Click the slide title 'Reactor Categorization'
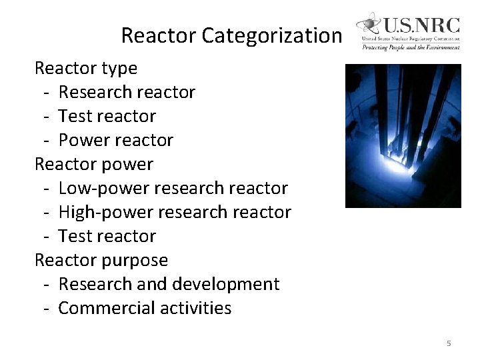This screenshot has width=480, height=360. (231, 35)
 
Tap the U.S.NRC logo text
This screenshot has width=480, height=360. (420, 26)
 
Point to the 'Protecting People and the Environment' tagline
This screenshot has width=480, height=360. (411, 48)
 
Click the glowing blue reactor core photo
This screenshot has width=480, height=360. (403, 135)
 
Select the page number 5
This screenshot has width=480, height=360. (449, 343)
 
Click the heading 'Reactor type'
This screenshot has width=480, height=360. (85, 68)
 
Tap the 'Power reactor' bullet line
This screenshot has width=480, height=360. (115, 140)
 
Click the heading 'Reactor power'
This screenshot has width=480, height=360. (93, 164)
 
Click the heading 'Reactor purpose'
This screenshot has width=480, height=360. (101, 260)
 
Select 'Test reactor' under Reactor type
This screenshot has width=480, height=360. (107, 116)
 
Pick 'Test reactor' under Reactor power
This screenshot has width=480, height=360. (107, 236)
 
